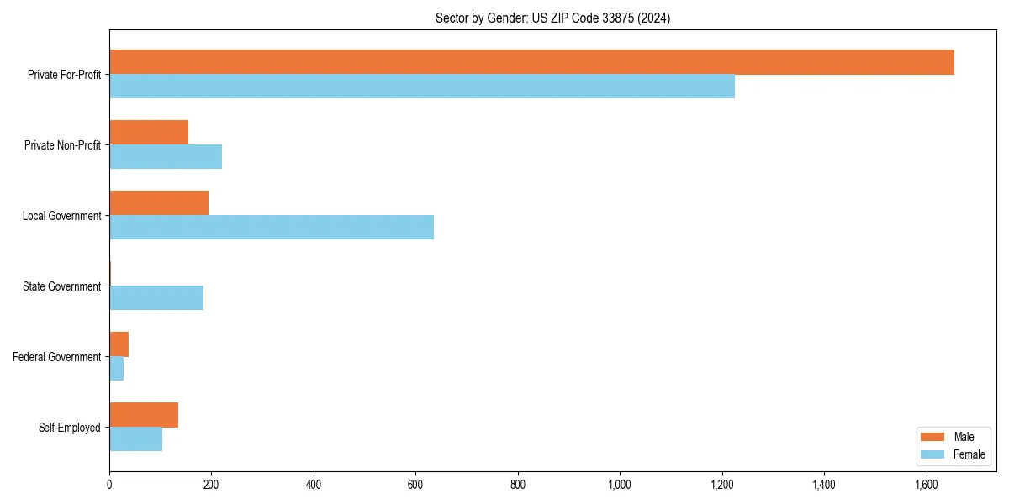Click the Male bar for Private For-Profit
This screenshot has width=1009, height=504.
click(x=531, y=62)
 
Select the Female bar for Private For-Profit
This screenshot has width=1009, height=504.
click(x=422, y=87)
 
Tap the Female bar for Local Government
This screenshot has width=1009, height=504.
click(x=272, y=228)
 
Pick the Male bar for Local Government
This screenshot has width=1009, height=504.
click(x=159, y=203)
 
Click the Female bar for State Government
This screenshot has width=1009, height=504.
click(x=156, y=298)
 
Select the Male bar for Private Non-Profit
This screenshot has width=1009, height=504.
click(x=149, y=133)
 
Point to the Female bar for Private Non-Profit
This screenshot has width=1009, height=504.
click(x=166, y=157)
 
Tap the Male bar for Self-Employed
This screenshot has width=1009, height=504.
click(x=144, y=415)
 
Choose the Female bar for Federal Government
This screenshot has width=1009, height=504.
click(x=117, y=369)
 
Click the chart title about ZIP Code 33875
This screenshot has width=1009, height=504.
click(x=552, y=18)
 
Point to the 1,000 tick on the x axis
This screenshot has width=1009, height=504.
click(x=620, y=484)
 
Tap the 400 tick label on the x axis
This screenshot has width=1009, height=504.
click(x=314, y=484)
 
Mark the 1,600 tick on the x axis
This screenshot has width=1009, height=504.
click(x=926, y=484)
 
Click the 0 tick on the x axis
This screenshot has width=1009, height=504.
click(x=109, y=484)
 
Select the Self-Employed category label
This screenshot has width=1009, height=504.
click(x=69, y=428)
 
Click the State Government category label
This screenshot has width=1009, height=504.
click(x=61, y=286)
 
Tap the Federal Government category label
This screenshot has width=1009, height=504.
click(x=57, y=357)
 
